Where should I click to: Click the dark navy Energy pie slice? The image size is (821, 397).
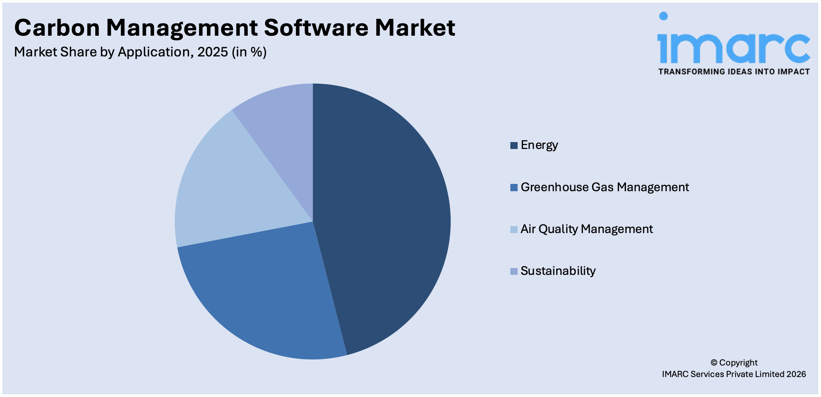(380, 215)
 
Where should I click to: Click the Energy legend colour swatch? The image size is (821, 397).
(514, 146)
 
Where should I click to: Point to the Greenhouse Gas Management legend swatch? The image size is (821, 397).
(514, 188)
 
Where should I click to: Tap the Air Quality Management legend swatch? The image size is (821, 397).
(514, 230)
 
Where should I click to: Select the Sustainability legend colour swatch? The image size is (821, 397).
(514, 271)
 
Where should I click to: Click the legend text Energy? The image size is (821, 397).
(539, 145)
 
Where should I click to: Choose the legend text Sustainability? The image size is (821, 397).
(558, 271)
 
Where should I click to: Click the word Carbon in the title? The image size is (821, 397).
(57, 28)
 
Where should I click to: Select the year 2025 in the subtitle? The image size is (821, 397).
(213, 52)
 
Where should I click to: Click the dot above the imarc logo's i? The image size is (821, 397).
(663, 16)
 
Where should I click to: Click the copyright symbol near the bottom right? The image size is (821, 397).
(714, 362)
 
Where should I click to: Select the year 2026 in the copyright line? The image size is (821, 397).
(796, 374)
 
